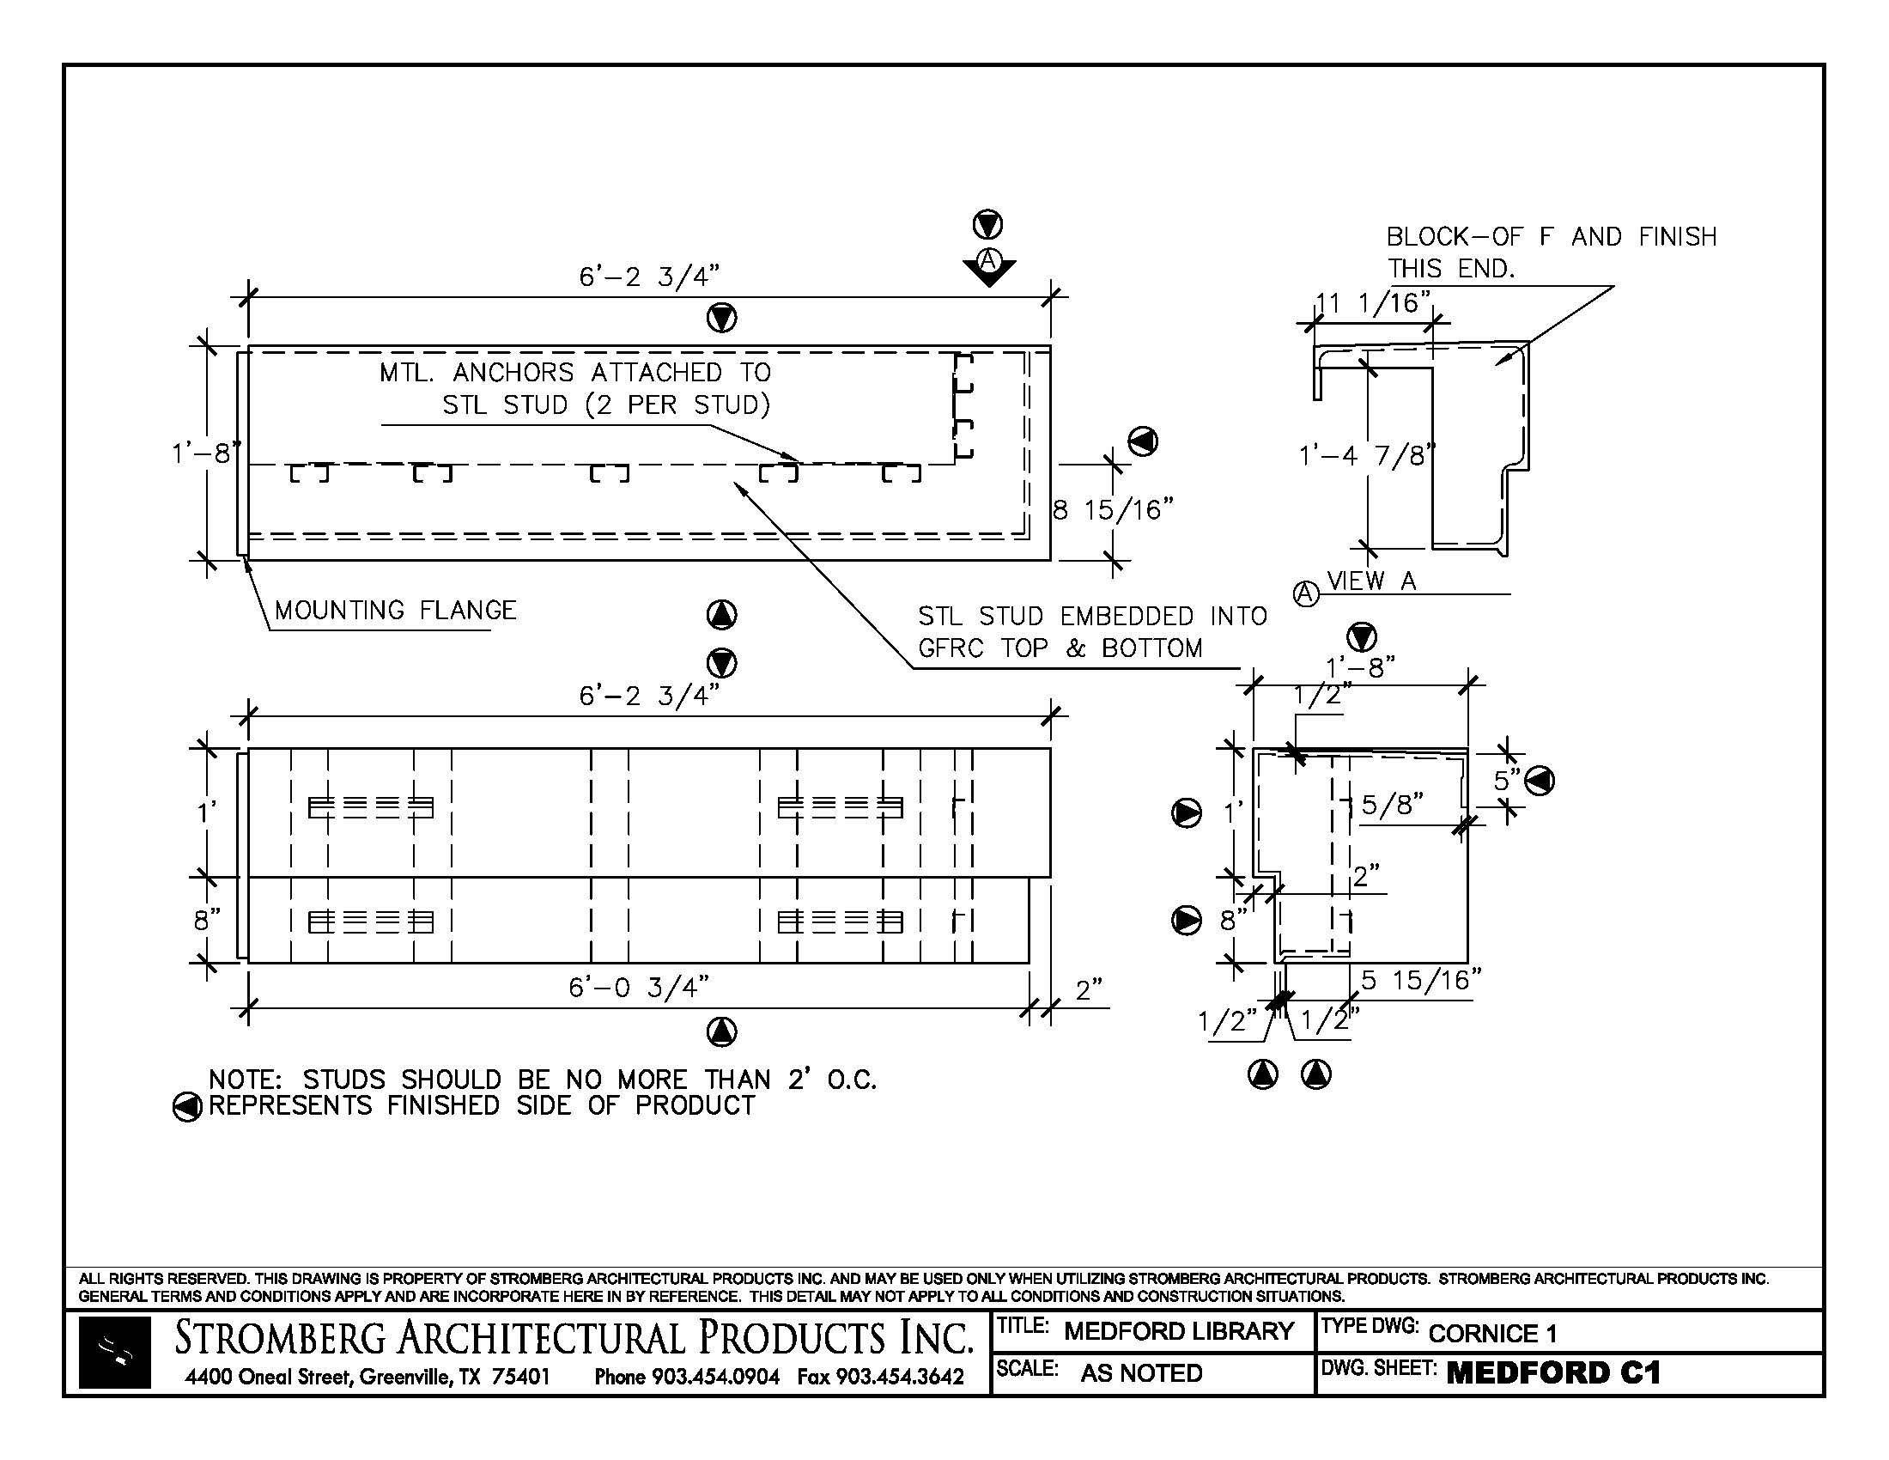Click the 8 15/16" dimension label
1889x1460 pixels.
(1113, 510)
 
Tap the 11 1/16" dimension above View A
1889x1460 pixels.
(1373, 302)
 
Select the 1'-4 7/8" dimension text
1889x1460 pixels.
(1367, 455)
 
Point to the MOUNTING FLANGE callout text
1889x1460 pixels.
(395, 611)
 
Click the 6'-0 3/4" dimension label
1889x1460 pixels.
(638, 987)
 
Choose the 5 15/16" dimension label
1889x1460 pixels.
(1421, 980)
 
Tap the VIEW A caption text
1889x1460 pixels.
(1372, 581)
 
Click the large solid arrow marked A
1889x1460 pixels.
(988, 265)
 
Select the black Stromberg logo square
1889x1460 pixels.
(114, 1353)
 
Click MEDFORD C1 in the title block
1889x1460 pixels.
(1553, 1373)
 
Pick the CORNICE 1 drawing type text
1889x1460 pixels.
(1492, 1334)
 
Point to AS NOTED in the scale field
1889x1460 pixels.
(1141, 1373)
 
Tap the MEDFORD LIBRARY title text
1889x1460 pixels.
(1178, 1331)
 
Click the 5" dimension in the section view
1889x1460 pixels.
(1507, 780)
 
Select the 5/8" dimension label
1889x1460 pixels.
(1392, 806)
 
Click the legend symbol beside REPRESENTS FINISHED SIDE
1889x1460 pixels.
(187, 1106)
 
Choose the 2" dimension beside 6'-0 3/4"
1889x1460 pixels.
(1088, 990)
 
